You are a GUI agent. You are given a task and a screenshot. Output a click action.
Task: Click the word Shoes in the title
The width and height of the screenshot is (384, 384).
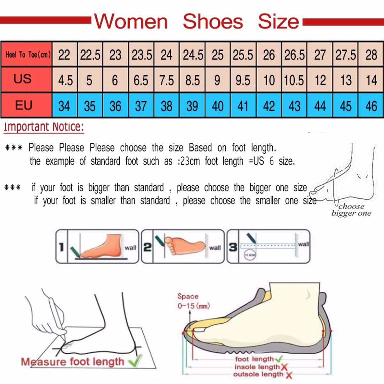pos(213,21)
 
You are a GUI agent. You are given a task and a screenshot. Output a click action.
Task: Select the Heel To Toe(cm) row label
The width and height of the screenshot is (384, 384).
pos(27,54)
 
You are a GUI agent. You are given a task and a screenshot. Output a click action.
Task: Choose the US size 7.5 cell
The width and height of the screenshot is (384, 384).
pos(166,80)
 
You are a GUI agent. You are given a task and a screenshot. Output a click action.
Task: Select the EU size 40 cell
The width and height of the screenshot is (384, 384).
pos(218,106)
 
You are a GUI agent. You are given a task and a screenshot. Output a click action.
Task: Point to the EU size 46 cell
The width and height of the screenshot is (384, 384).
pos(371,106)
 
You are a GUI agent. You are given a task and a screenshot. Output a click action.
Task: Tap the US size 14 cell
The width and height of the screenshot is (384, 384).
pos(371,80)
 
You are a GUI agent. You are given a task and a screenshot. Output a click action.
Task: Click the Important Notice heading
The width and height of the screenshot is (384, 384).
pos(44,127)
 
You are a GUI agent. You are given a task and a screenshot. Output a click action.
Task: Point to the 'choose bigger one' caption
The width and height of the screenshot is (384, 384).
pos(351,210)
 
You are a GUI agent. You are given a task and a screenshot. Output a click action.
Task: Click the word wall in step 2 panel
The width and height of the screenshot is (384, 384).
pos(215,248)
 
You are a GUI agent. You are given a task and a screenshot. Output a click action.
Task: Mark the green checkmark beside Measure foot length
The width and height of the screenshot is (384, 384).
pos(135,361)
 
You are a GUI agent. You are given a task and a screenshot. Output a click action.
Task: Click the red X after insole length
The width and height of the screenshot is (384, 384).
pos(284,367)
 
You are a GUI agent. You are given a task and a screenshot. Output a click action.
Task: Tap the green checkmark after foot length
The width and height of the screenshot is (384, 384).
pos(278,359)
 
